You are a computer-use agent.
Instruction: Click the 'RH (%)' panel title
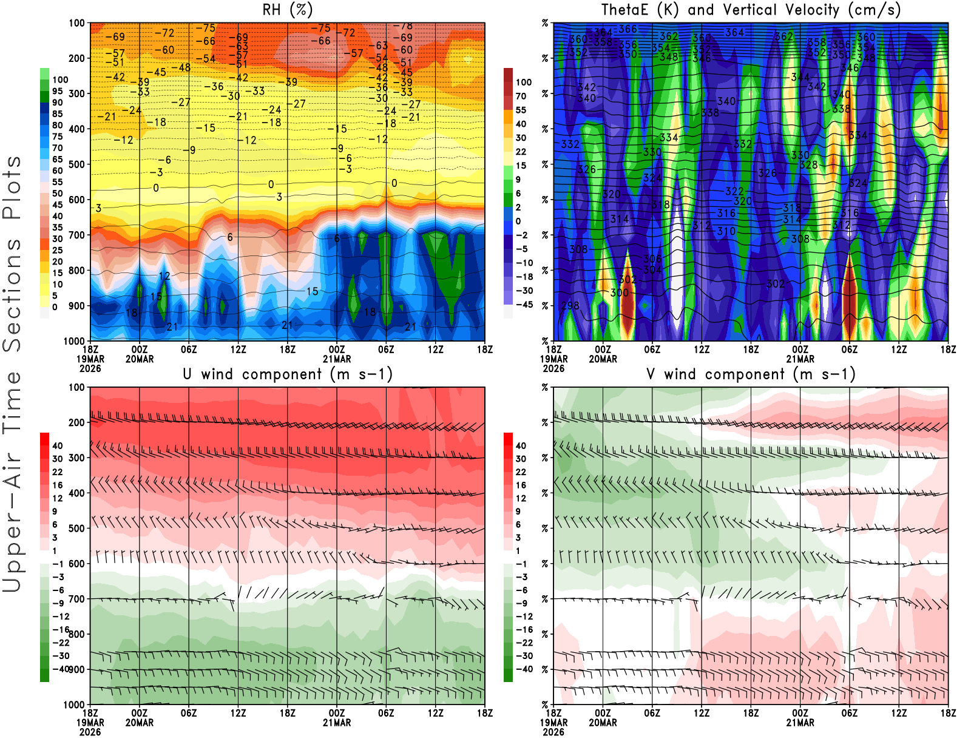(287, 10)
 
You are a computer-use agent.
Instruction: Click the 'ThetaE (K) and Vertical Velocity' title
(751, 10)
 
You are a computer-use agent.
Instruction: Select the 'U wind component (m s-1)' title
(287, 374)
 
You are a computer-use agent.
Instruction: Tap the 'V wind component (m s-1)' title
(751, 374)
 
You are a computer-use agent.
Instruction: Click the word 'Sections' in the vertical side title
(12, 294)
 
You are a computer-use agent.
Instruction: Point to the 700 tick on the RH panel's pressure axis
(77, 235)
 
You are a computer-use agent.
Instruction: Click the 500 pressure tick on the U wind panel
(77, 529)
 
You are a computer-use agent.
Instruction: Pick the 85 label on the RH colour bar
(58, 114)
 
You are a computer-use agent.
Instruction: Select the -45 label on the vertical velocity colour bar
(524, 305)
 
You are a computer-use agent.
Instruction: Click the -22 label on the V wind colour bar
(524, 643)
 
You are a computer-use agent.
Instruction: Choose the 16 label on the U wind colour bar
(58, 485)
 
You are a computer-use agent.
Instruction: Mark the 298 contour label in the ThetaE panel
(570, 306)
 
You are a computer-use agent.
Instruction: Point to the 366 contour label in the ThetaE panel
(628, 29)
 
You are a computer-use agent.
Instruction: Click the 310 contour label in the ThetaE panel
(726, 231)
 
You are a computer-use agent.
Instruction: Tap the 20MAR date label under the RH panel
(140, 359)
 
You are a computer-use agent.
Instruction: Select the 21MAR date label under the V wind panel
(800, 723)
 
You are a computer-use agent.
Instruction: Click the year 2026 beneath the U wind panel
(90, 732)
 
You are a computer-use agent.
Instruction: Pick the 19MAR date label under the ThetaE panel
(553, 359)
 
